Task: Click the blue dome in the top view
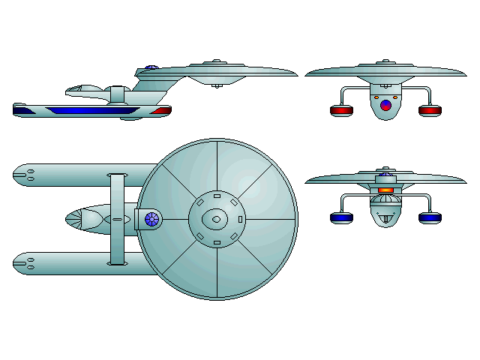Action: coord(153,220)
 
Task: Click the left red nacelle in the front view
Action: coord(341,111)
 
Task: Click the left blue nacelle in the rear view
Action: coord(341,217)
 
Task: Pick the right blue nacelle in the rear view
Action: coord(430,217)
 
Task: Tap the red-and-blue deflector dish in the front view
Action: coord(385,105)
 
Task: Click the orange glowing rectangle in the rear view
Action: coord(385,190)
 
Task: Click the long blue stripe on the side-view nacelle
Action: coord(82,110)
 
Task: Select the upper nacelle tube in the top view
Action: coord(75,175)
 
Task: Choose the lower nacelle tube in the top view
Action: coord(75,263)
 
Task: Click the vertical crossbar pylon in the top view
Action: coord(116,219)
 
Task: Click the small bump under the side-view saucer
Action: coord(217,85)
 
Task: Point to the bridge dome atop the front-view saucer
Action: coord(385,63)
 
